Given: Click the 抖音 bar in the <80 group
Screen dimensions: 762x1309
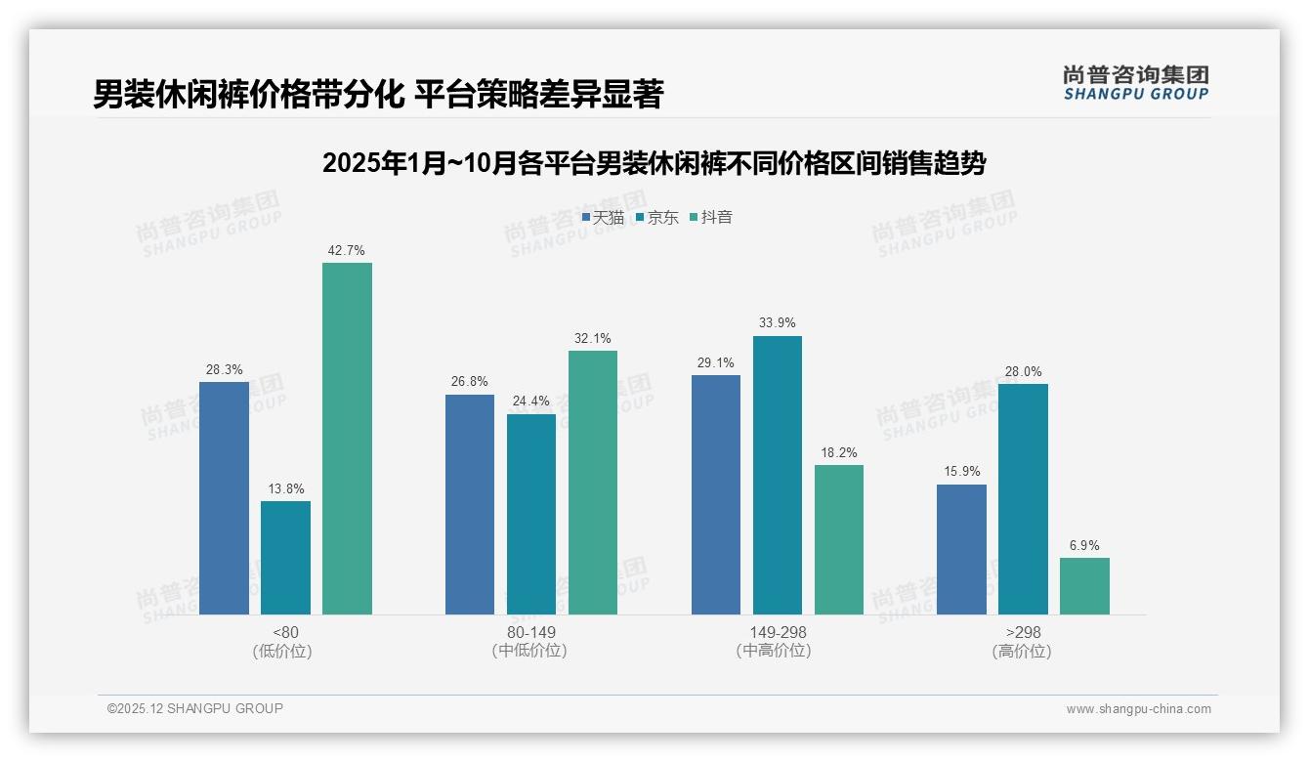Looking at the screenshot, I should tap(347, 439).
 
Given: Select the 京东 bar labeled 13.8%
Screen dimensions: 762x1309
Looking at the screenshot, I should tap(285, 558).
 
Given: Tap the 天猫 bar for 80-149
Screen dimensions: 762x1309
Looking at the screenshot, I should tap(470, 504).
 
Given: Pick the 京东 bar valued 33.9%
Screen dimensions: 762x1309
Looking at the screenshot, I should tap(777, 475).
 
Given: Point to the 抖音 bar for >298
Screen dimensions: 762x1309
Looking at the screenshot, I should tap(1084, 586).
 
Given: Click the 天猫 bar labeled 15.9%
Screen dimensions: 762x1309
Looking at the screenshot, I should tap(961, 549).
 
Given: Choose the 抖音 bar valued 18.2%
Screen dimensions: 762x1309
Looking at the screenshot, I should tap(838, 539).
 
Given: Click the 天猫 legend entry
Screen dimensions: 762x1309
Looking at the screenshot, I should tap(603, 218).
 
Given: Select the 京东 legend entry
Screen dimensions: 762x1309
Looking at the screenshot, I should tap(657, 218).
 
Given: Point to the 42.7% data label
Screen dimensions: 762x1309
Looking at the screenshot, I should tap(347, 251).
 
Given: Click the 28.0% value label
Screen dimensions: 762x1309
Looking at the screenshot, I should tap(1023, 372).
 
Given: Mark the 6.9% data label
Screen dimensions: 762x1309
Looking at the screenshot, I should tap(1084, 546).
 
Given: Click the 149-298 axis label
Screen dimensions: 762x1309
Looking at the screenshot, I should tap(778, 632).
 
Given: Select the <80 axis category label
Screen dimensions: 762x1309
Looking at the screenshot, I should tap(285, 632).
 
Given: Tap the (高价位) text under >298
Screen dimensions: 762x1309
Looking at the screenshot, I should tap(1023, 652).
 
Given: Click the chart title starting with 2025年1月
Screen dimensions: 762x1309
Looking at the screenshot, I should tap(654, 163).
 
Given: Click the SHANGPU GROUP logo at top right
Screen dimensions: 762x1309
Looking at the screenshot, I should tap(1135, 83).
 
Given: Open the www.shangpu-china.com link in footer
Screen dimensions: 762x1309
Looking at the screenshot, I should tap(1138, 709).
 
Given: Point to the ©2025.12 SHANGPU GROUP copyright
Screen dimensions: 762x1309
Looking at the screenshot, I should tap(195, 709).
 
